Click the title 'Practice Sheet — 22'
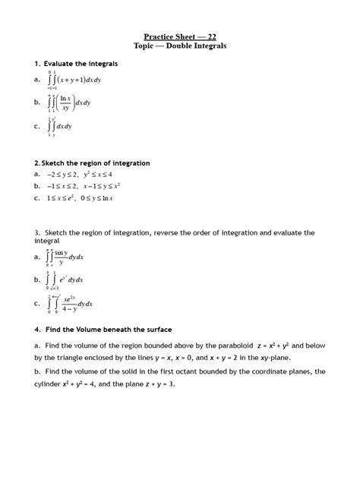(180, 36)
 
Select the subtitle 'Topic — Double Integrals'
(180, 46)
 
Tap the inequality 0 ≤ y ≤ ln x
(104, 198)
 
